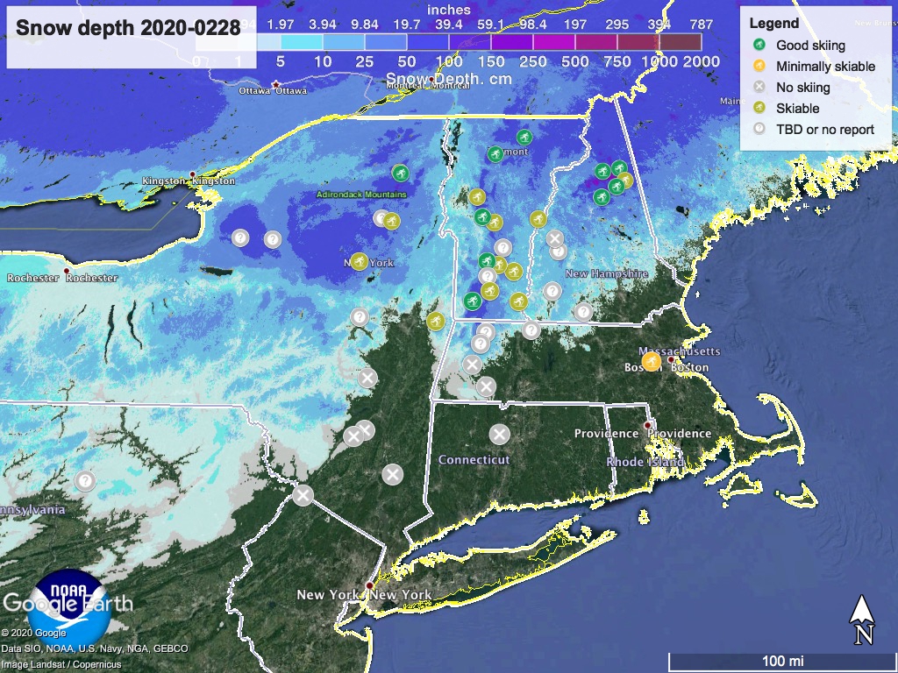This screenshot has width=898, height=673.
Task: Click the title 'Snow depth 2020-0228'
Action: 128,28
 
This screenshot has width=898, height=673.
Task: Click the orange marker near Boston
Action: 651,361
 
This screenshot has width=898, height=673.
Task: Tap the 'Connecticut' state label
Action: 474,459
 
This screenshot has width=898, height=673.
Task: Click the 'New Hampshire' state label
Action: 606,273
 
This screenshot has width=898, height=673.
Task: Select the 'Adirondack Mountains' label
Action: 362,195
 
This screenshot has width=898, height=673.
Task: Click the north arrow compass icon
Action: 862,619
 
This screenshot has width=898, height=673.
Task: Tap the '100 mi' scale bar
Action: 782,660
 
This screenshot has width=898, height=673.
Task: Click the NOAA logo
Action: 68,605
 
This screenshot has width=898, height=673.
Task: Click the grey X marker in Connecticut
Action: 499,434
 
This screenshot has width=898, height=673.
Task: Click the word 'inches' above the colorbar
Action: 449,11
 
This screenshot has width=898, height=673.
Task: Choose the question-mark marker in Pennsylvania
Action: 85,481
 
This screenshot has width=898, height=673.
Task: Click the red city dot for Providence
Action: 648,426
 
